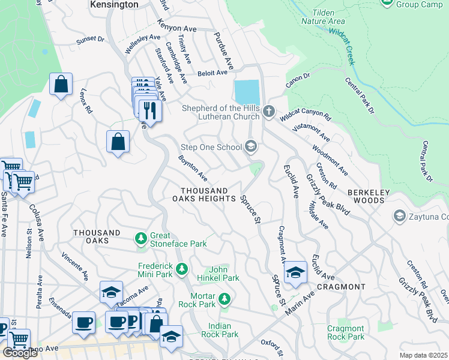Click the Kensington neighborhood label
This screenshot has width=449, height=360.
click(x=114, y=4)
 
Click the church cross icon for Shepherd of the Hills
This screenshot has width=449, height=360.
click(x=269, y=111)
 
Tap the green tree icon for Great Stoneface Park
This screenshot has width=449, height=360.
click(x=141, y=239)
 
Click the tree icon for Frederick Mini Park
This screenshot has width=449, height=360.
click(x=181, y=268)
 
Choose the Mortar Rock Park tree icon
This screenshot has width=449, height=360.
click(x=224, y=298)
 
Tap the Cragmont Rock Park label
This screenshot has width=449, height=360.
click(x=346, y=332)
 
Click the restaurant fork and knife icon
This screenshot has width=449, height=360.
click(x=149, y=110)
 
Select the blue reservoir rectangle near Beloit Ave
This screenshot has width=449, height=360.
click(x=247, y=92)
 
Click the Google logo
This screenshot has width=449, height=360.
click(x=20, y=353)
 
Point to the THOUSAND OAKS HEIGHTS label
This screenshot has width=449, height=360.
click(x=204, y=194)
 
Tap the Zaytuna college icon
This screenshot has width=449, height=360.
click(x=399, y=215)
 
